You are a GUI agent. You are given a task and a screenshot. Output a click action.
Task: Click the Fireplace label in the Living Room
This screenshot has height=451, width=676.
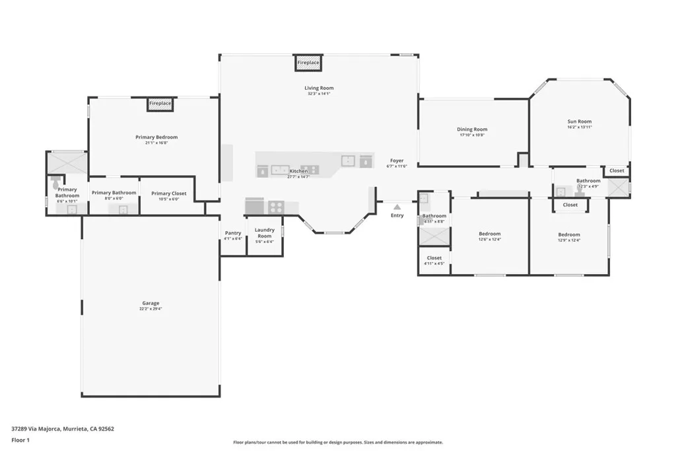[308, 63]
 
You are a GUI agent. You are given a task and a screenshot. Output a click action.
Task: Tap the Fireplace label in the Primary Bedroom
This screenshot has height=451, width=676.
[160, 104]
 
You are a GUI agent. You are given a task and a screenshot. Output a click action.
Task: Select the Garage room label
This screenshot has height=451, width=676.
[150, 303]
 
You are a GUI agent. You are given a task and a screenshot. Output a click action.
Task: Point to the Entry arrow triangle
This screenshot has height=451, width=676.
[397, 207]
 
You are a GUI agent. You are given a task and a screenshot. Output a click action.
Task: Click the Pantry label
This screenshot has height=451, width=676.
[232, 232]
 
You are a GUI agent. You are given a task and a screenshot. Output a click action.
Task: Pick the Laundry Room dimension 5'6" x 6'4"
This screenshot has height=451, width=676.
[264, 242]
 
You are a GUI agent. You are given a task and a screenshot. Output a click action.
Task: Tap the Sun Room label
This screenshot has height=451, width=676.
[580, 121]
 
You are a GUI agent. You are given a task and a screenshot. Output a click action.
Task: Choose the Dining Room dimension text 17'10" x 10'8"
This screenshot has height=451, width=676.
[472, 135]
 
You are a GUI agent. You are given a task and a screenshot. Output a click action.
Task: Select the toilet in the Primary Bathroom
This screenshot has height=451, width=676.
[56, 180]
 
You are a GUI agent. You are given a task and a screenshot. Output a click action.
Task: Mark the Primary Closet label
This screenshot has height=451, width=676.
[169, 193]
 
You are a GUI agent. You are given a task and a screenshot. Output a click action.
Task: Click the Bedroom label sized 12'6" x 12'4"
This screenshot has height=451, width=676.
[489, 234]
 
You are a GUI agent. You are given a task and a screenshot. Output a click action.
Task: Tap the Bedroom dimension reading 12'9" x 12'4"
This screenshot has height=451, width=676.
[568, 240]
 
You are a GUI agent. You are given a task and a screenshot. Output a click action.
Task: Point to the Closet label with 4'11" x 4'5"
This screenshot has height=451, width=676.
[434, 264]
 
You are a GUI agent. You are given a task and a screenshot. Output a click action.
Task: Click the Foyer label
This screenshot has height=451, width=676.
[397, 160]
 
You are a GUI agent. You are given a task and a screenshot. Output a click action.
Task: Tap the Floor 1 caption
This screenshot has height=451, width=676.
[21, 440]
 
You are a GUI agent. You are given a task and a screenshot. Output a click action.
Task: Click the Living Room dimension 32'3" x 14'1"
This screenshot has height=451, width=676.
[319, 94]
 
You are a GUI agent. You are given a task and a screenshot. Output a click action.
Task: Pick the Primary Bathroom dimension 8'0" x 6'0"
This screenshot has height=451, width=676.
[114, 199]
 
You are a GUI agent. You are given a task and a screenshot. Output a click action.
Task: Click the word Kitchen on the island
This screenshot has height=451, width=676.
[298, 171]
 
